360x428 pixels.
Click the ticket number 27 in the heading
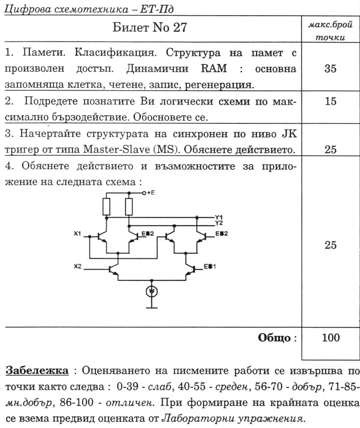(x=178, y=29)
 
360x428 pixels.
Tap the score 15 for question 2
(x=330, y=102)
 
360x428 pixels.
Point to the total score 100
(x=330, y=338)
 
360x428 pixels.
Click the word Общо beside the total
(x=274, y=338)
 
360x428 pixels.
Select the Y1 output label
(x=219, y=217)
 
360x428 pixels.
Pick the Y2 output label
(x=219, y=223)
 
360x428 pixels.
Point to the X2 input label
(x=78, y=266)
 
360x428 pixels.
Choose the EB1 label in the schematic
(x=210, y=266)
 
